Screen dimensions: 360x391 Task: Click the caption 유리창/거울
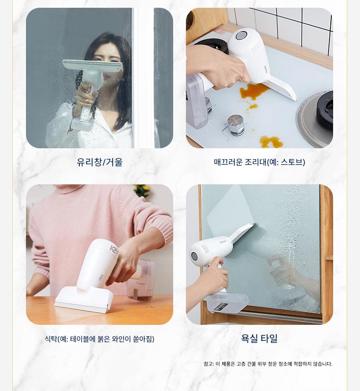click(x=99, y=162)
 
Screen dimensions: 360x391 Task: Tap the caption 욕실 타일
click(x=259, y=339)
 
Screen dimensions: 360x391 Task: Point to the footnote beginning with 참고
click(x=268, y=364)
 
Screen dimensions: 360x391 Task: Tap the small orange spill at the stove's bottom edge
click(x=271, y=142)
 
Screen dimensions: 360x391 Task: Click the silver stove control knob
click(x=236, y=125)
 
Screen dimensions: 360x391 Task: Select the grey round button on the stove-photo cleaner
click(x=241, y=35)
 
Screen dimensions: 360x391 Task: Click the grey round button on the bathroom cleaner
click(x=194, y=256)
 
